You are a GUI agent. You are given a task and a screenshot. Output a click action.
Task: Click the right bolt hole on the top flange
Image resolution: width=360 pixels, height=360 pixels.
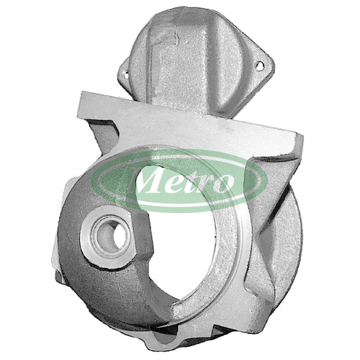(259, 66)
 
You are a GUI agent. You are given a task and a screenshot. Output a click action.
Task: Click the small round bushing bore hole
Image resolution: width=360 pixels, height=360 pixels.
(114, 235)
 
